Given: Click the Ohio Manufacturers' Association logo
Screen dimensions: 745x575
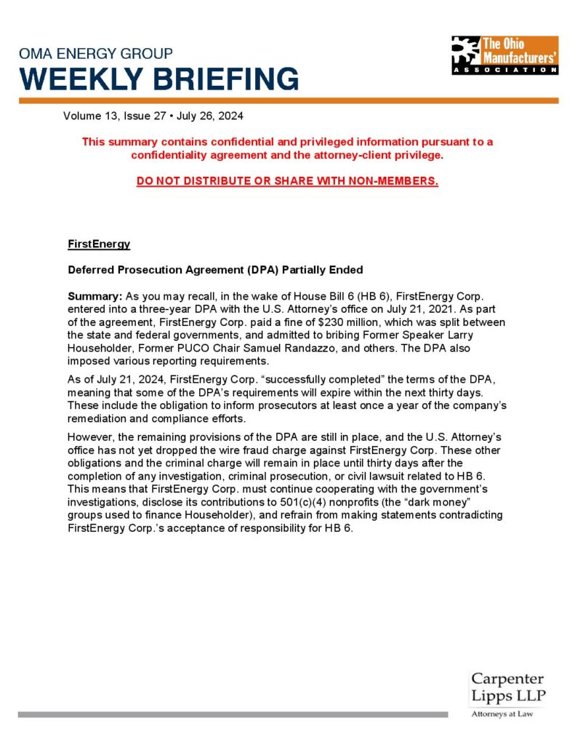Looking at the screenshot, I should click(504, 55).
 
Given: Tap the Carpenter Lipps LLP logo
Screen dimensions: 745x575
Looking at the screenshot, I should click(507, 688).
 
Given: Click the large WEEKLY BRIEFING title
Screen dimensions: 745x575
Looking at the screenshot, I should click(158, 79).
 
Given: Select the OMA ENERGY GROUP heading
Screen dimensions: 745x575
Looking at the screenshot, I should click(96, 54).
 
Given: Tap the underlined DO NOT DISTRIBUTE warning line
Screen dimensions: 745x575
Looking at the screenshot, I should click(287, 180).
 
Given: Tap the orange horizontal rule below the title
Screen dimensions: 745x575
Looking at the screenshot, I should click(287, 101).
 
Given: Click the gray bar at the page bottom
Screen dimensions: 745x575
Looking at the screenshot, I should click(233, 714).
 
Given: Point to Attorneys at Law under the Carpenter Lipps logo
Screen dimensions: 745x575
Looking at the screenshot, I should click(502, 714).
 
